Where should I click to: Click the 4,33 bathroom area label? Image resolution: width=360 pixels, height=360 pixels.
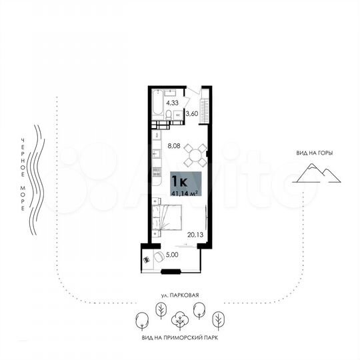pos(172,103)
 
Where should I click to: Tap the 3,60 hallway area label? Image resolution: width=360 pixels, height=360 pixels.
pos(191,114)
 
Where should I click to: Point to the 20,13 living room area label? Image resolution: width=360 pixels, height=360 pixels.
pos(195,234)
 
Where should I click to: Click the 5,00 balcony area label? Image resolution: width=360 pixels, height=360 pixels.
pos(172,254)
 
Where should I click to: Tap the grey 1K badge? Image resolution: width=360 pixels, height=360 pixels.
pos(178,180)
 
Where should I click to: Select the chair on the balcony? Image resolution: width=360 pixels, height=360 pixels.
pos(159,257)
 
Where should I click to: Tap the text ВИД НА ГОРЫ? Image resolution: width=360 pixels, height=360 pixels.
pos(315,153)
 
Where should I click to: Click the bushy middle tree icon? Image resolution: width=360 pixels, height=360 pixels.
pos(179,321)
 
